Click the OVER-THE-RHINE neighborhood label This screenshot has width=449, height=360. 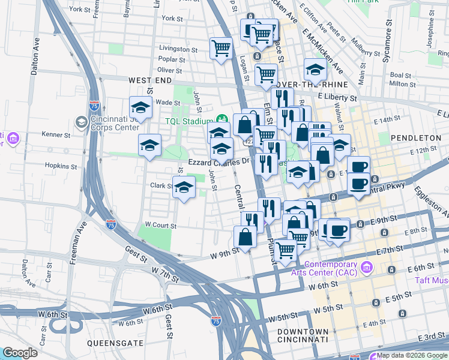pyautogui.click(x=300, y=85)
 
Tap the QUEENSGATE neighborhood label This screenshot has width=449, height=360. pyautogui.click(x=115, y=343)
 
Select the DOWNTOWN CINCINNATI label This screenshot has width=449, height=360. pyautogui.click(x=303, y=336)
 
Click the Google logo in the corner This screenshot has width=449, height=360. pyautogui.click(x=20, y=353)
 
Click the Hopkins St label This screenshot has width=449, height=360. pyautogui.click(x=62, y=166)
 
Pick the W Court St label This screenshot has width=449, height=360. pyautogui.click(x=160, y=226)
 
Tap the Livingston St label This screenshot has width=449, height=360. pyautogui.click(x=178, y=49)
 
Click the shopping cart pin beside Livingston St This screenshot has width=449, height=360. pyautogui.click(x=221, y=47)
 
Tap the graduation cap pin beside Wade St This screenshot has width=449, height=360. pyautogui.click(x=140, y=108)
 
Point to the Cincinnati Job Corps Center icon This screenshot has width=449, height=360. pyautogui.click(x=81, y=123)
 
